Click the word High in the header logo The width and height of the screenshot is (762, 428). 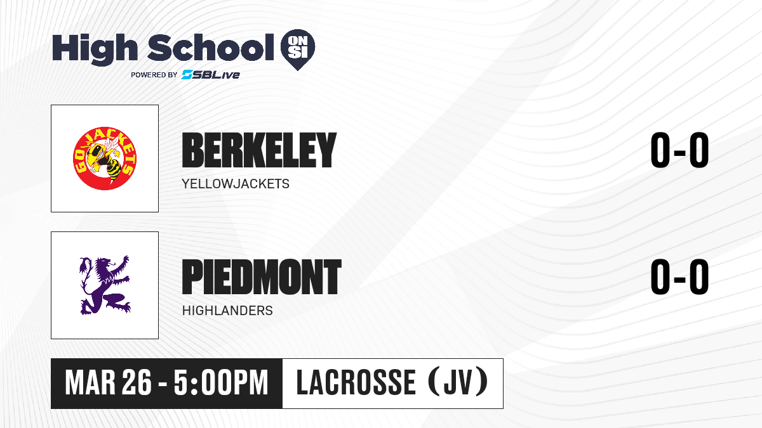click(x=95, y=49)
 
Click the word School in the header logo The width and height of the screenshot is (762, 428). click(x=211, y=48)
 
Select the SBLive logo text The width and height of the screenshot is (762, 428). click(x=211, y=75)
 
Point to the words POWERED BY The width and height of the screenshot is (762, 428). click(x=154, y=75)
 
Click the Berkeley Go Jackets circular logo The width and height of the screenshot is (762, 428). click(x=105, y=159)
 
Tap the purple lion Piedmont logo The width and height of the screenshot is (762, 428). click(x=105, y=285)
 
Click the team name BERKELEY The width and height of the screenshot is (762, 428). click(x=259, y=150)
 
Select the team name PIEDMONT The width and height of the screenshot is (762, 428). click(x=262, y=277)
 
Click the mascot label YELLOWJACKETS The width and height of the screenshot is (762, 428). click(x=236, y=184)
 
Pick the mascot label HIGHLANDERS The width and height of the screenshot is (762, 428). click(x=227, y=311)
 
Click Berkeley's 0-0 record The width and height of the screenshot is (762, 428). click(x=679, y=150)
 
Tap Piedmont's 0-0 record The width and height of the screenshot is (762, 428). click(x=679, y=277)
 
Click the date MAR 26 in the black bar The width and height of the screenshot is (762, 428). click(x=108, y=383)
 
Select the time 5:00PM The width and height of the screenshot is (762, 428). click(x=221, y=383)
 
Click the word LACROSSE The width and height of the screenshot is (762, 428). click(x=356, y=382)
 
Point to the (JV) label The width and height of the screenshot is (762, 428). click(x=458, y=382)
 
